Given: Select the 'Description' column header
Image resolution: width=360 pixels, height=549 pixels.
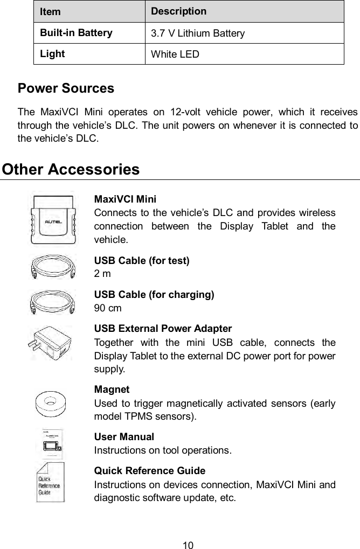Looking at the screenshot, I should pos(178,11).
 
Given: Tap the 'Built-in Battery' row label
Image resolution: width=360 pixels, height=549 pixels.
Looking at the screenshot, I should pos(75,32).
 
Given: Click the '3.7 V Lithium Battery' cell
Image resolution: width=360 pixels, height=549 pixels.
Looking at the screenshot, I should pos(197,33).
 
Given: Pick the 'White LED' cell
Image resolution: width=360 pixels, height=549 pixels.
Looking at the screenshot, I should pos(175,54).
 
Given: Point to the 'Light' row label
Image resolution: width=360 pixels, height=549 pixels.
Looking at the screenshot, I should pos(52,54).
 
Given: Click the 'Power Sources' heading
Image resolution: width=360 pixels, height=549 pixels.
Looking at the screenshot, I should pos(66,88).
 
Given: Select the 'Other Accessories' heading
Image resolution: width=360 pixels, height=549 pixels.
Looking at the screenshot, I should pos(71,169).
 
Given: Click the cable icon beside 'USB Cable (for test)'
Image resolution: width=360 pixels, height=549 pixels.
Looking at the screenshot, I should pos(52,267).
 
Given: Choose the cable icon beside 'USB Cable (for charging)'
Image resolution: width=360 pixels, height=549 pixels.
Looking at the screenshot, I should pos(52,301).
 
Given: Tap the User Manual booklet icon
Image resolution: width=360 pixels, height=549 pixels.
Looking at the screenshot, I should pos(52,443).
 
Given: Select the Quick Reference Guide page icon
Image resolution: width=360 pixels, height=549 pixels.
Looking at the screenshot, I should pos(50,481).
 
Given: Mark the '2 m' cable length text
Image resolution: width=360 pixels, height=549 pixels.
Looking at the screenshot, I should pos(102,274).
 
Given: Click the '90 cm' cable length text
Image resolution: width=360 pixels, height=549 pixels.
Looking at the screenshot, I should pos(108,308).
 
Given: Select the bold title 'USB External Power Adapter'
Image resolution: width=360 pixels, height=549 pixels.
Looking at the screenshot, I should pos(163,328).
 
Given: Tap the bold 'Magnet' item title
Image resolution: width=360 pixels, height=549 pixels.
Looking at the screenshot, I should pos(112,390).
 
